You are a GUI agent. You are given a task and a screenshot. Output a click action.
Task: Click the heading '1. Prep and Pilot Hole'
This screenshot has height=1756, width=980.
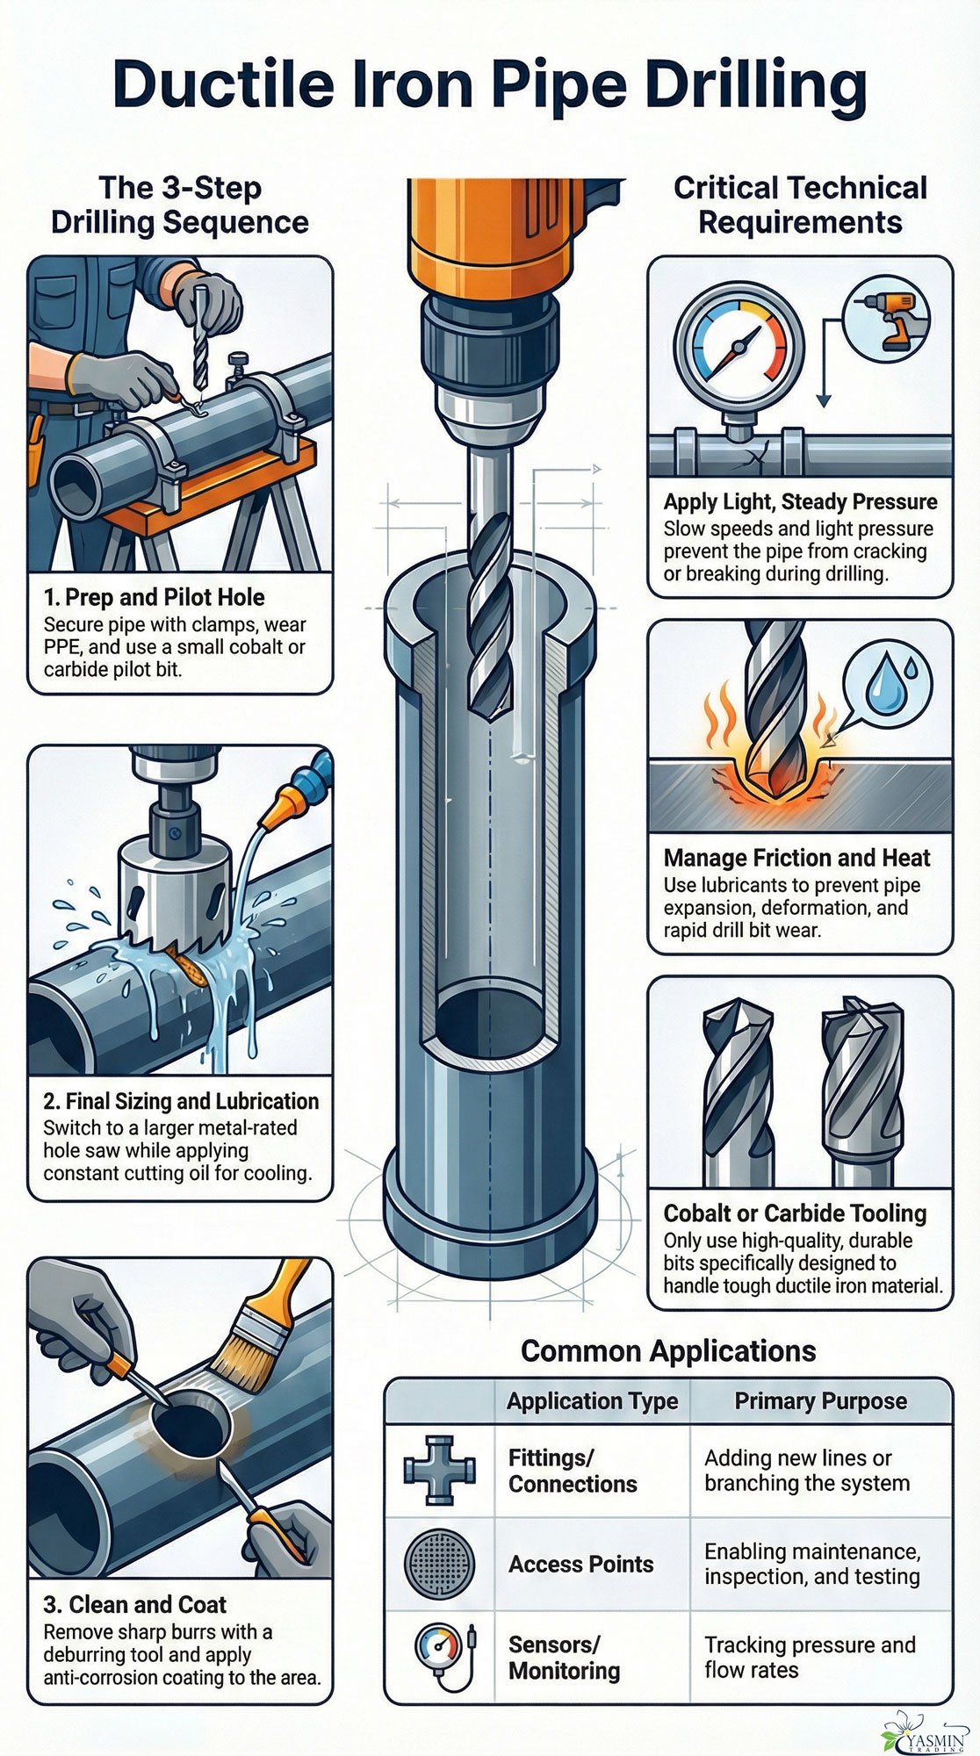pos(154,597)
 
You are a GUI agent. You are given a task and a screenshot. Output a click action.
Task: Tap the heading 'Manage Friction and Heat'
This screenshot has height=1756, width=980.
pos(796,858)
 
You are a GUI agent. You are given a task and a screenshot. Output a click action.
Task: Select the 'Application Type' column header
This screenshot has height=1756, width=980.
pos(592,1400)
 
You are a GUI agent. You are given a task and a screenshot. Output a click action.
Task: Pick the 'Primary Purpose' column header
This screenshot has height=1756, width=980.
pos(820,1400)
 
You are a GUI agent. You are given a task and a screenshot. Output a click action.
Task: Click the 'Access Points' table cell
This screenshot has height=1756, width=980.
pos(580,1564)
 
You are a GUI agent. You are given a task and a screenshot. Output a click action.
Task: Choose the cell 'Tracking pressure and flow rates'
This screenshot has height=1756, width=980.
pos(809,1657)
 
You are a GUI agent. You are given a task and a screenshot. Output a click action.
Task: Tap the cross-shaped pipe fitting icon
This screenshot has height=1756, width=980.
pos(440,1471)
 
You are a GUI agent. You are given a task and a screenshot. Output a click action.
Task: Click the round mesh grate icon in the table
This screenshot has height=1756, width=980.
pos(439,1564)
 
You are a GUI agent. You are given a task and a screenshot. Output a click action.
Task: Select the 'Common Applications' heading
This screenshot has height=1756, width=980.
pos(667,1350)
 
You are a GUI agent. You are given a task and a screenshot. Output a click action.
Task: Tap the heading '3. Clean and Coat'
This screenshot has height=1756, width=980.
pos(134,1604)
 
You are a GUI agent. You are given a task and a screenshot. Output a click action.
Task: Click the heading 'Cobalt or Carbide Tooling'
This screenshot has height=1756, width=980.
pos(795,1213)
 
